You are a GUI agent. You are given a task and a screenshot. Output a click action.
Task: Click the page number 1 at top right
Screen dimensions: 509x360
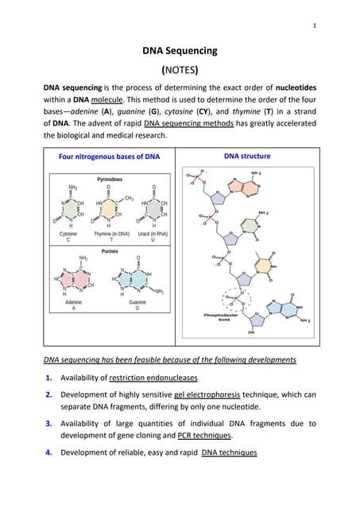tap(315, 25)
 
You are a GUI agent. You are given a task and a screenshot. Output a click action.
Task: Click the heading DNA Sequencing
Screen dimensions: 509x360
tap(180, 51)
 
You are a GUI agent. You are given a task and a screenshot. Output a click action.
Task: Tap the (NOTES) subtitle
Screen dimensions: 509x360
tap(180, 69)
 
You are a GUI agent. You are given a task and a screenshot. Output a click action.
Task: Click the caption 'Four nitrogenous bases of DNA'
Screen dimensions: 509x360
tap(110, 157)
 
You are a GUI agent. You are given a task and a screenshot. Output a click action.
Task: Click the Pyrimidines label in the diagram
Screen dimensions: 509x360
tap(110, 180)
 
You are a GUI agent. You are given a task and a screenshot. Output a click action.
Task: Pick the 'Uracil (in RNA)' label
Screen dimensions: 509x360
tap(153, 235)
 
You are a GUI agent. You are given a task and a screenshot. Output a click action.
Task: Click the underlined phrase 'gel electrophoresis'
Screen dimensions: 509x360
tap(197, 395)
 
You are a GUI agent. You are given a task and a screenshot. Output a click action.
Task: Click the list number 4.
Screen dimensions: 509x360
tap(49, 453)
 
